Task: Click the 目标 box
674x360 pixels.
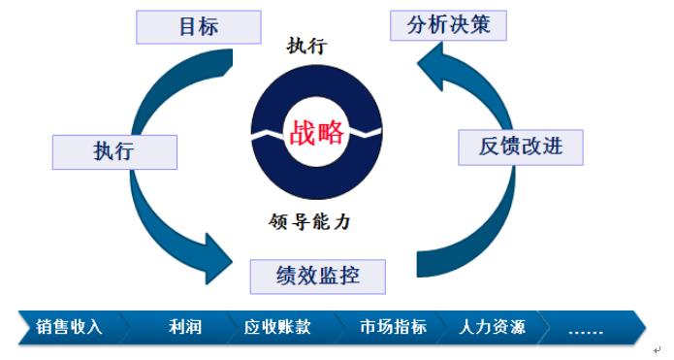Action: [199, 26]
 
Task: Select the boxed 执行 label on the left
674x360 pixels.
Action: [113, 151]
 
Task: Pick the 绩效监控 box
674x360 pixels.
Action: [317, 276]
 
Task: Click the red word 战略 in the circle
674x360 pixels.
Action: [316, 132]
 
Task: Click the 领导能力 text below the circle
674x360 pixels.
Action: [309, 221]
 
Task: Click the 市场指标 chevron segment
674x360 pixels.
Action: [392, 327]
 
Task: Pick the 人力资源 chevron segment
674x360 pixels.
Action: [493, 327]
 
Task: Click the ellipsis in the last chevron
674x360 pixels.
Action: [585, 328]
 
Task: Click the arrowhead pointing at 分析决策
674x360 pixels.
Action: [433, 70]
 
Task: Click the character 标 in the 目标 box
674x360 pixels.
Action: [209, 26]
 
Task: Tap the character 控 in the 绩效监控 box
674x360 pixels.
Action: [349, 276]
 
